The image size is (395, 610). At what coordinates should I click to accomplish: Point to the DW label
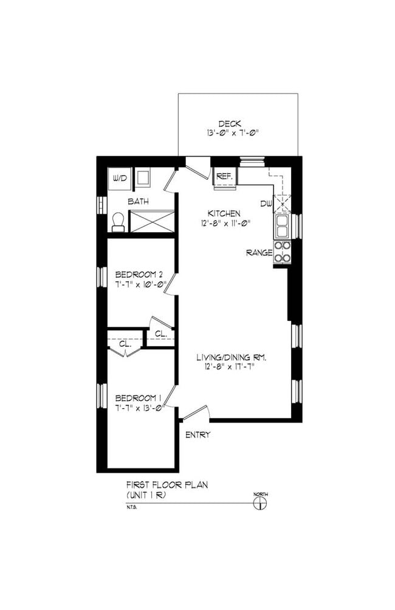click(266, 204)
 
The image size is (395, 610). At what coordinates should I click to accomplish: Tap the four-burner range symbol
click(283, 252)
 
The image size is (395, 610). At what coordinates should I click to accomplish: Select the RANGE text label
click(258, 253)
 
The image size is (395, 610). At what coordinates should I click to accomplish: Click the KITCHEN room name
click(224, 214)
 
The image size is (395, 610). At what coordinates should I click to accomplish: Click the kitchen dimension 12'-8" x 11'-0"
click(225, 223)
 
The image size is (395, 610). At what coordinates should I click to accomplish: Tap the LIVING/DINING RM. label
click(232, 358)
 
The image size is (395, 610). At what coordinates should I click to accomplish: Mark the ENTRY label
click(197, 435)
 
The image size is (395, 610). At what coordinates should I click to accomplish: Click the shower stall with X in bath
click(152, 221)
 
